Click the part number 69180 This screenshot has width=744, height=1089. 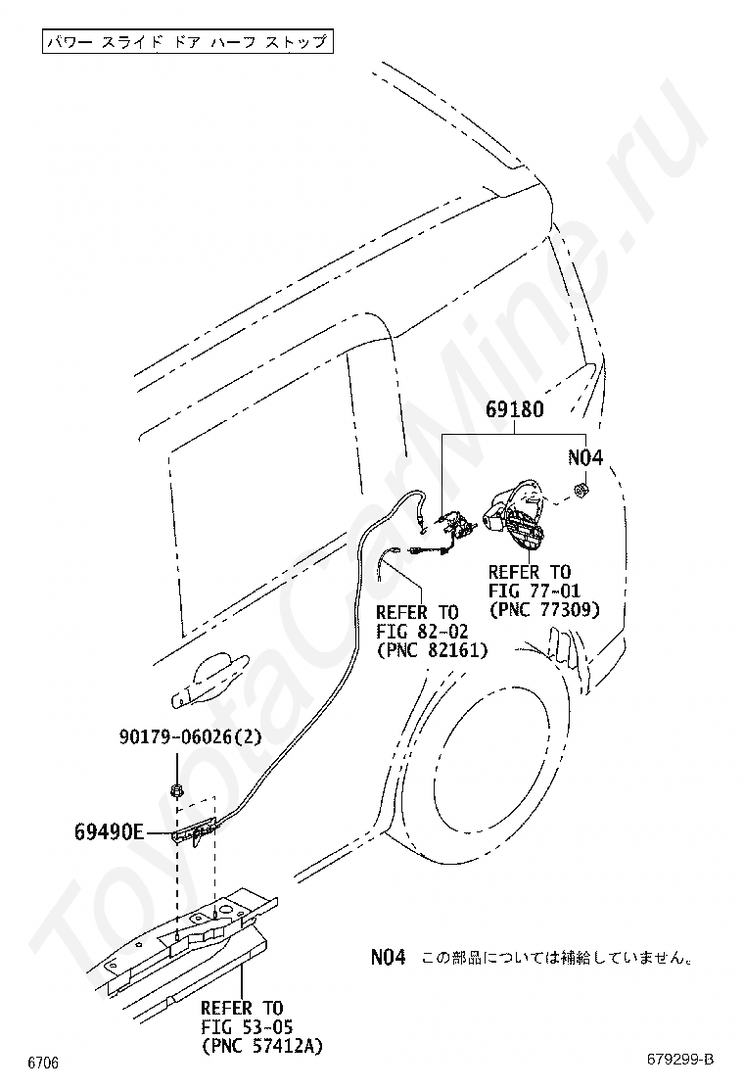pos(514,409)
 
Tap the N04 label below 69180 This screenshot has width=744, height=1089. pos(585,457)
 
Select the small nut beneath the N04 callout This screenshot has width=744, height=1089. pos(581,491)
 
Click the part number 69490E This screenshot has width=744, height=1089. pos(109,831)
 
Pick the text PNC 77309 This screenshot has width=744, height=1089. pos(544,610)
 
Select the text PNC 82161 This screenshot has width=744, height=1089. pos(432,650)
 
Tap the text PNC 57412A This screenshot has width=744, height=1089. pos(261,1045)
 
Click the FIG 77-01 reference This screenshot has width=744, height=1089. pos(534,592)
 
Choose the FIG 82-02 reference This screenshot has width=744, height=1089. pos(422,632)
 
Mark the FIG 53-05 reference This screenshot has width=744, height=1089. pos(247,1026)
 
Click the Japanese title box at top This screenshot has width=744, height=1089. pos(187,42)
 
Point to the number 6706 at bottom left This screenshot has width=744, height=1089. pos(43,1064)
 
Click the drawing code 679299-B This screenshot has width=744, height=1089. pos(680,1060)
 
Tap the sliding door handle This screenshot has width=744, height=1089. pos(209,682)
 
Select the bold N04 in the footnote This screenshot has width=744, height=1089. pos(388,958)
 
